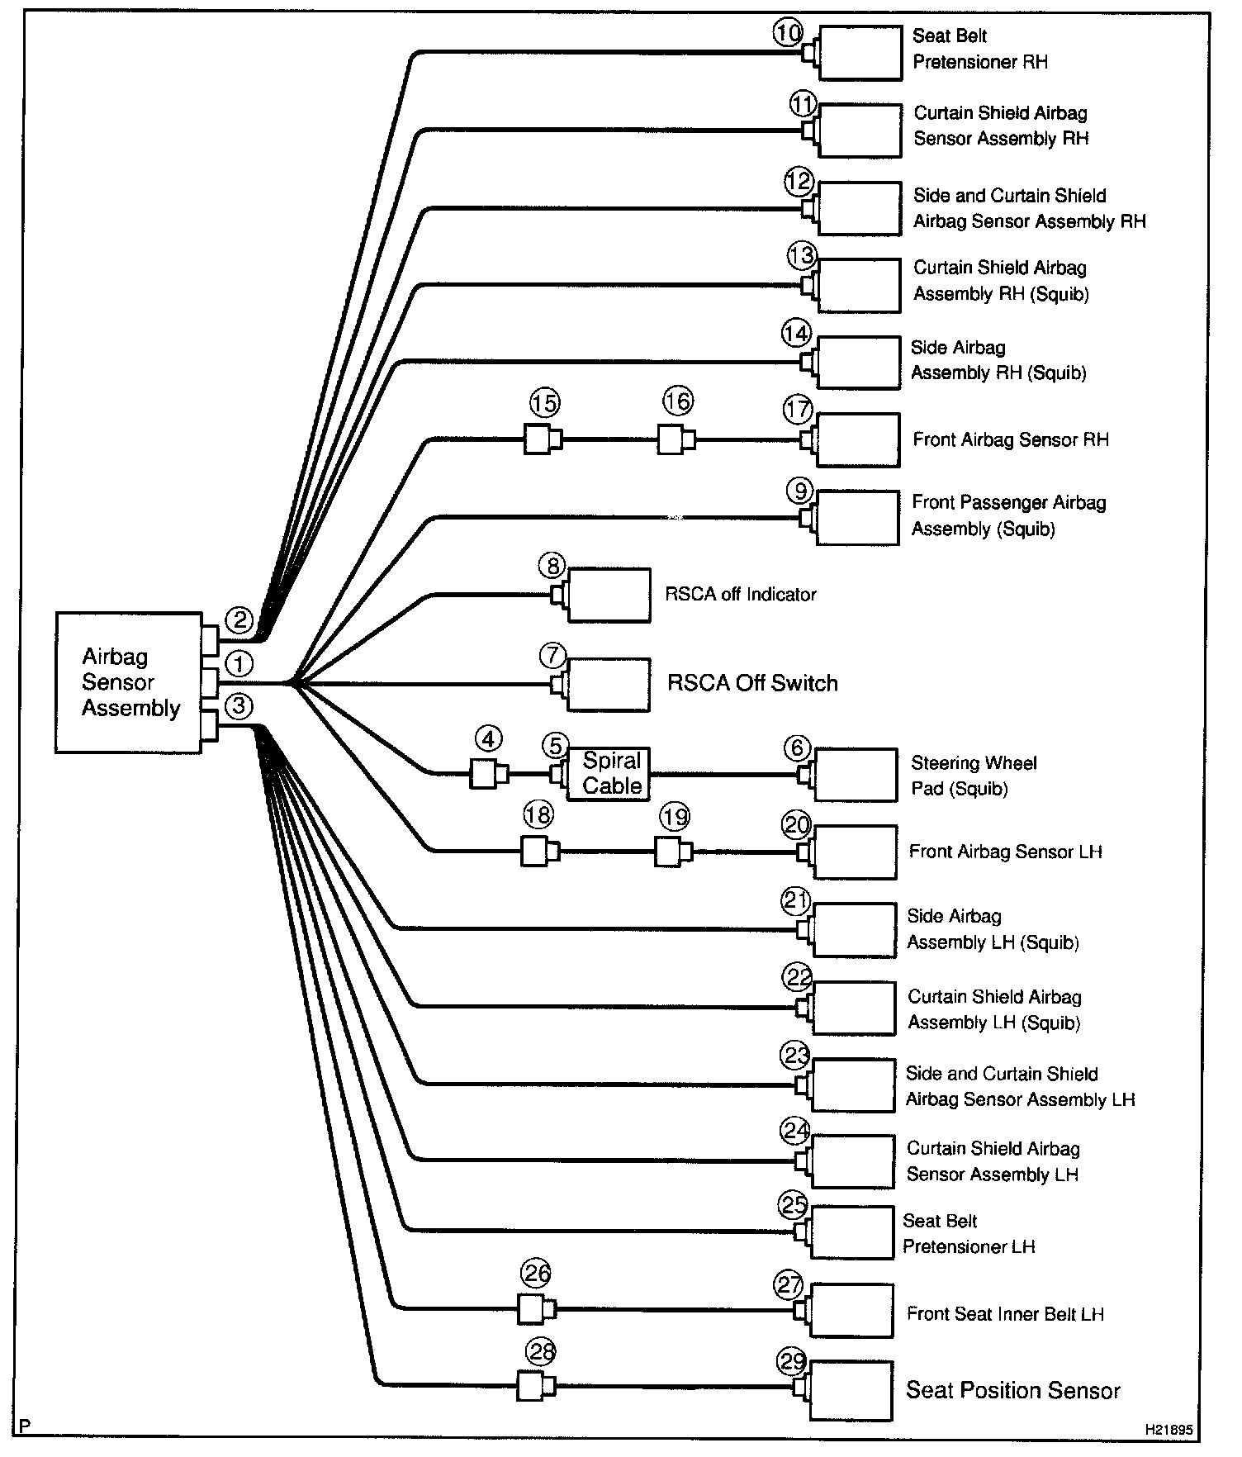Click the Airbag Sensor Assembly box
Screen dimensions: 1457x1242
click(129, 682)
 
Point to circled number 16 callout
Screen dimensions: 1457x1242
click(677, 402)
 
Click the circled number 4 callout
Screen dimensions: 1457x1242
click(489, 738)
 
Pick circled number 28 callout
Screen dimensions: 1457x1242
click(541, 1353)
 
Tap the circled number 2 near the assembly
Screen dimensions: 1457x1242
click(239, 619)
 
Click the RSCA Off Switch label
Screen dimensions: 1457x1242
click(752, 683)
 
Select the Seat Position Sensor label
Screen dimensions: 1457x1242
click(1013, 1390)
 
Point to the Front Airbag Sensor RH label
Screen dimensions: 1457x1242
click(1011, 439)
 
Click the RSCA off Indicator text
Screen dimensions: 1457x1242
click(741, 595)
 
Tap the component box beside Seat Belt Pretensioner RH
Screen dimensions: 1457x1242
click(860, 53)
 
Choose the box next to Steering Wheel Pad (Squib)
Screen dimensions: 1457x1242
click(855, 775)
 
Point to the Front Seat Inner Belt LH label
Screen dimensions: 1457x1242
click(1005, 1314)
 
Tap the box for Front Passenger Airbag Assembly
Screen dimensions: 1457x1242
click(857, 518)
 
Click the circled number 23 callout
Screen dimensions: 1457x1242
click(796, 1056)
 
